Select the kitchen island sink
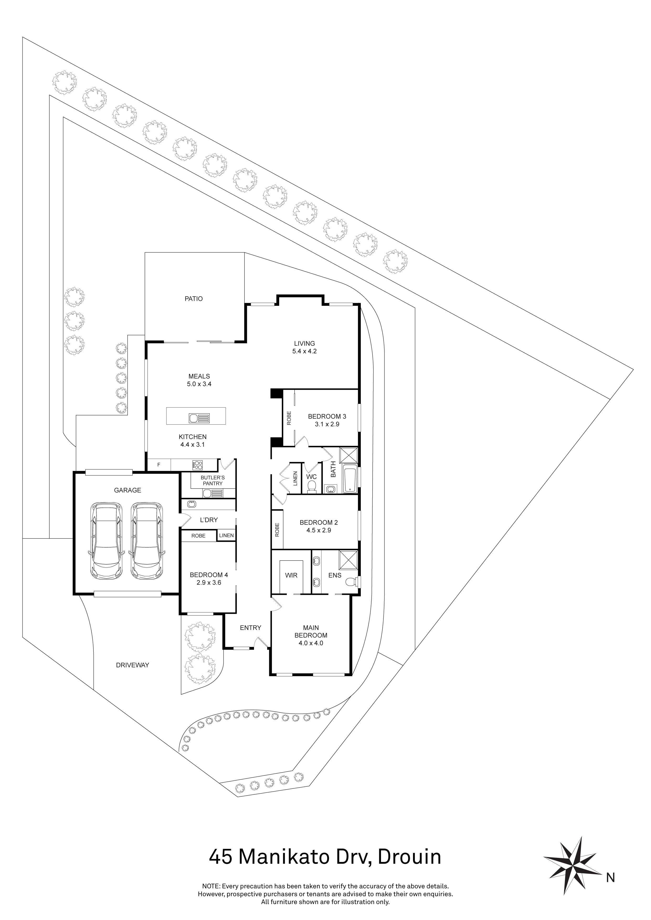(199, 418)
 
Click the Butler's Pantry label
(213, 480)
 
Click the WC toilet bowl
(311, 487)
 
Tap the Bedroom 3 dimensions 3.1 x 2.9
(327, 424)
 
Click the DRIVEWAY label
(132, 665)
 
